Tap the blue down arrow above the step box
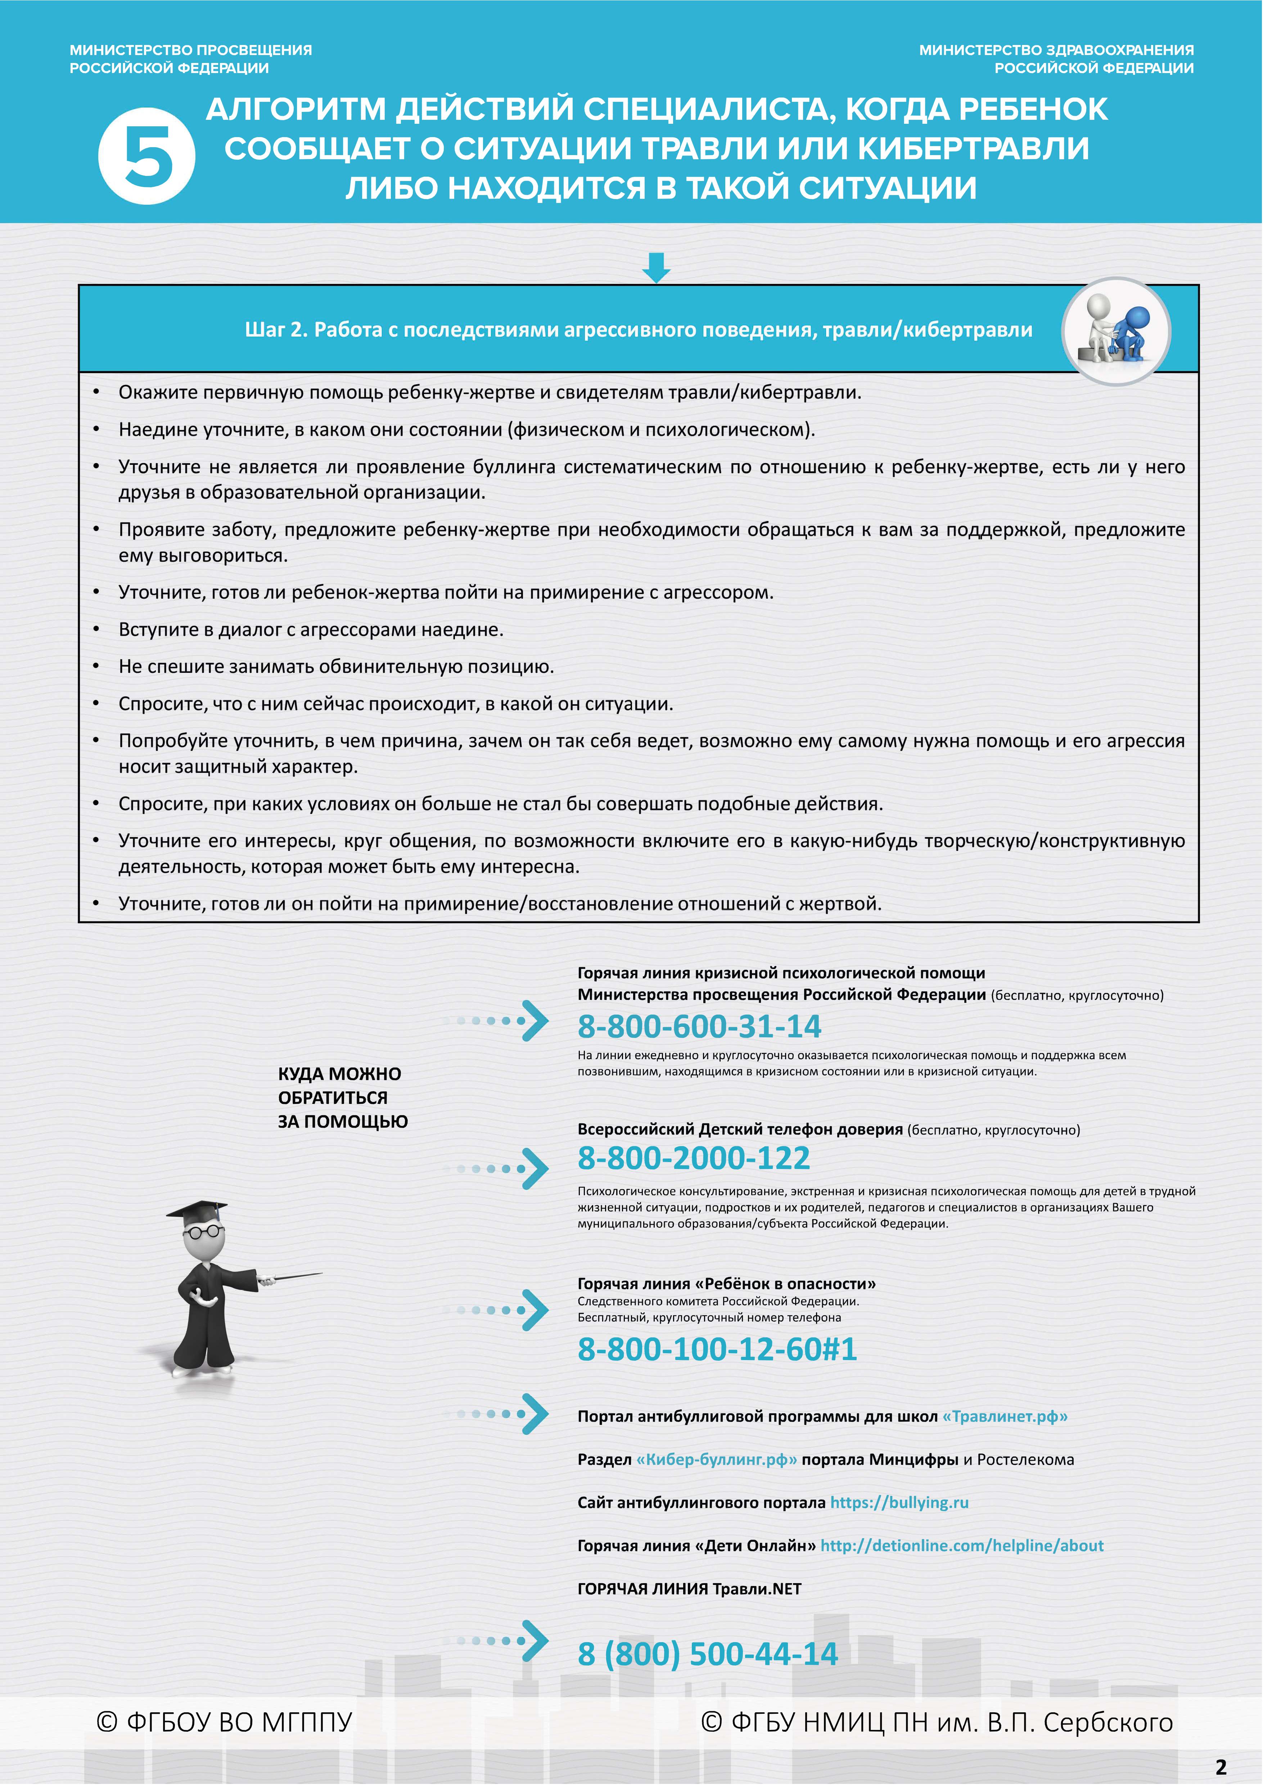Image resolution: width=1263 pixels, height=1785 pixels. click(x=657, y=267)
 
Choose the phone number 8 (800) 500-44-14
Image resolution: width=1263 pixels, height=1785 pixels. click(x=707, y=1654)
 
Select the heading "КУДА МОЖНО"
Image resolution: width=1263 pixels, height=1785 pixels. click(x=339, y=1074)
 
